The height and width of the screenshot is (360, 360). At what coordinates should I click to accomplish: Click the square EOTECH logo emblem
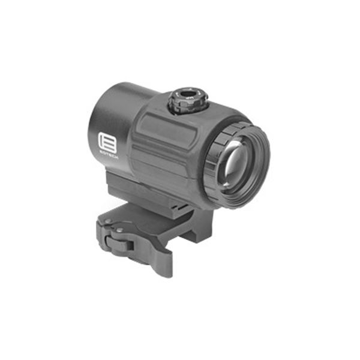pos(103,142)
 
